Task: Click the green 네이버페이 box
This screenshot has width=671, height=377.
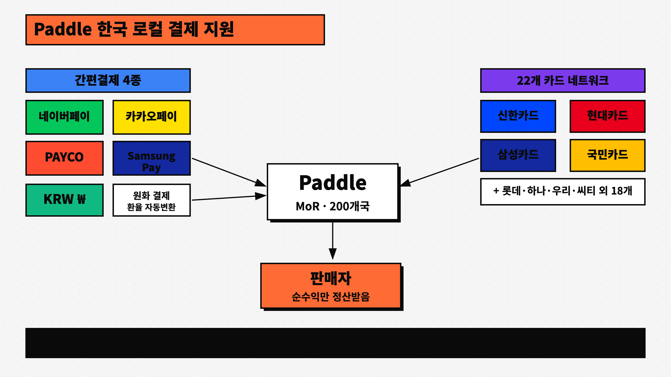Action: pyautogui.click(x=64, y=117)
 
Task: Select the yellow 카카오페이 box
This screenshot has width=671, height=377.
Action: pyautogui.click(x=151, y=117)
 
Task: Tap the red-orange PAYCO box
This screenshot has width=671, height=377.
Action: pyautogui.click(x=64, y=158)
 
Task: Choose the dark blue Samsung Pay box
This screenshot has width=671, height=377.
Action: pyautogui.click(x=151, y=158)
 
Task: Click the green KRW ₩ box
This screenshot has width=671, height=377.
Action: pyautogui.click(x=64, y=200)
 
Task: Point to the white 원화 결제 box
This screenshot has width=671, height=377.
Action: pyautogui.click(x=151, y=200)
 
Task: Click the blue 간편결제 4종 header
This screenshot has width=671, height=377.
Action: pyautogui.click(x=108, y=80)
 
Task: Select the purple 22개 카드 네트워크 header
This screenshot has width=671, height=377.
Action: pyautogui.click(x=562, y=80)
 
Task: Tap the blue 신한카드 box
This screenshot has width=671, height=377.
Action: pyautogui.click(x=518, y=116)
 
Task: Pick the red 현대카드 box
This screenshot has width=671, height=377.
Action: pyautogui.click(x=607, y=116)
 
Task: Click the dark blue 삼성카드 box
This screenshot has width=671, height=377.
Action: pyautogui.click(x=518, y=155)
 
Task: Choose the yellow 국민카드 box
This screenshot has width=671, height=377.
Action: pyautogui.click(x=607, y=155)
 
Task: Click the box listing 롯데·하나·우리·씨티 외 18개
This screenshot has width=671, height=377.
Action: pyautogui.click(x=562, y=192)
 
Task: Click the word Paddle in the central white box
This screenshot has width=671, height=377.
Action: pyautogui.click(x=333, y=183)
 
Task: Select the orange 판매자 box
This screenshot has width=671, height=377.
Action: pyautogui.click(x=331, y=286)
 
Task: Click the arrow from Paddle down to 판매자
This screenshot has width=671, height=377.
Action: pyautogui.click(x=333, y=239)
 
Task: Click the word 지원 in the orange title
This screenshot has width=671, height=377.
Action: pyautogui.click(x=219, y=29)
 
